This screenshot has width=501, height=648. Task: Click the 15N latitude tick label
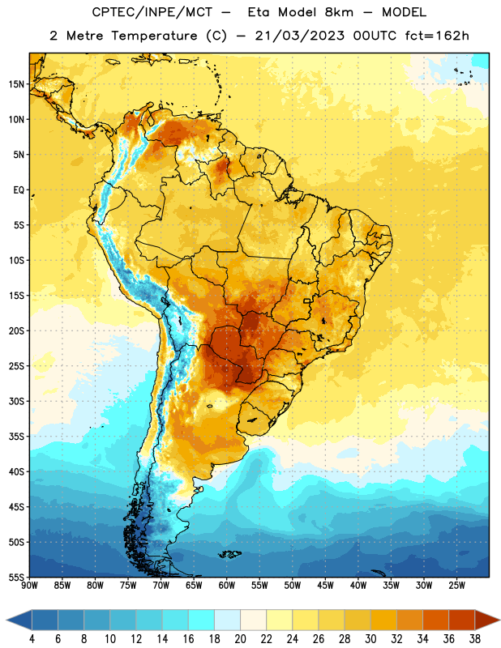pyautogui.click(x=16, y=84)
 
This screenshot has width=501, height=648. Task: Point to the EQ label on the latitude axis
pyautogui.click(x=19, y=190)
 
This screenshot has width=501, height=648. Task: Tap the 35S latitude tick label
pyautogui.click(x=16, y=437)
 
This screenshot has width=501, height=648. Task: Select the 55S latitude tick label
pyautogui.click(x=16, y=578)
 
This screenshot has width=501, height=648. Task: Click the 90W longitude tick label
pyautogui.click(x=29, y=586)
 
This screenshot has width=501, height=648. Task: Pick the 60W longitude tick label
pyautogui.click(x=227, y=586)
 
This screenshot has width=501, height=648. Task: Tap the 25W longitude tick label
pyautogui.click(x=456, y=586)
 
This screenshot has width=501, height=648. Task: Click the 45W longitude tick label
pyautogui.click(x=325, y=586)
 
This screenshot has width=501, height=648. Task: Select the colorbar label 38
pyautogui.click(x=475, y=639)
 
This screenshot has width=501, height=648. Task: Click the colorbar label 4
pyautogui.click(x=32, y=639)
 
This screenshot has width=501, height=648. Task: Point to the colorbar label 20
pyautogui.click(x=240, y=639)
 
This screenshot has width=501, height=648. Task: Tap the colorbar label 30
pyautogui.click(x=370, y=639)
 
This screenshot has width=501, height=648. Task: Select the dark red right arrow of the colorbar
pyautogui.click(x=486, y=620)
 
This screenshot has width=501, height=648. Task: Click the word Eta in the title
pyautogui.click(x=259, y=12)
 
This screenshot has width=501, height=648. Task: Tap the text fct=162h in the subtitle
pyautogui.click(x=437, y=36)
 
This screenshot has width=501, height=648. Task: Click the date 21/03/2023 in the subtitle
pyautogui.click(x=299, y=36)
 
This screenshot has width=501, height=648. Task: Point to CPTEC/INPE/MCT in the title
pyautogui.click(x=152, y=12)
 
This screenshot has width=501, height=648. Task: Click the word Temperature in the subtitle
pyautogui.click(x=154, y=36)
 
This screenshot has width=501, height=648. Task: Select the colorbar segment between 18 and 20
pyautogui.click(x=227, y=620)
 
